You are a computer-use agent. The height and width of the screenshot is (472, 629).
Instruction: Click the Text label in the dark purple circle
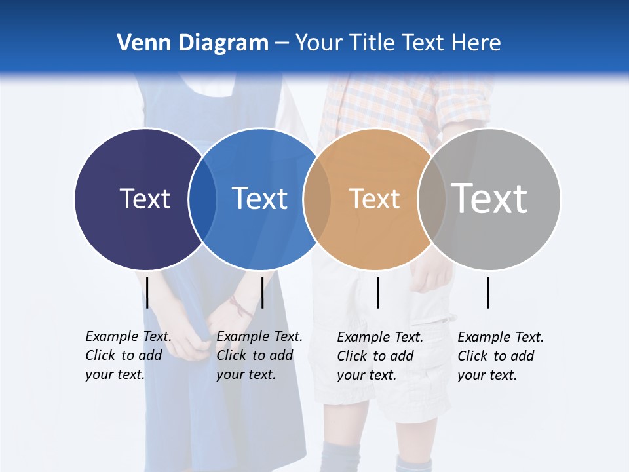tap(145, 199)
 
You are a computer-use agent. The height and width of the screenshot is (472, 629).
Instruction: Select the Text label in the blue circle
tap(259, 199)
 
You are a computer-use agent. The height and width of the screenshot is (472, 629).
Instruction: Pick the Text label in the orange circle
tap(374, 199)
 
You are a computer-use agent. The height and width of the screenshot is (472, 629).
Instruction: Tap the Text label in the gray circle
tap(489, 198)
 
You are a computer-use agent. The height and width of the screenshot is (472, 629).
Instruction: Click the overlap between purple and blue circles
tap(203, 199)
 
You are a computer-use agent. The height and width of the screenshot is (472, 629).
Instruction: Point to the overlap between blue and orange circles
tap(317, 199)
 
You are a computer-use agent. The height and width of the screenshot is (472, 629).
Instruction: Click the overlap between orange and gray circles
tap(431, 199)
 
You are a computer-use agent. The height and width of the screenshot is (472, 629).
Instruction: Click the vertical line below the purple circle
tap(147, 292)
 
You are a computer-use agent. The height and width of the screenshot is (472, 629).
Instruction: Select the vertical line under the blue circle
tap(262, 292)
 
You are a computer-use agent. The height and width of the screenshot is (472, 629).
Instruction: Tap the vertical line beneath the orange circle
tap(377, 292)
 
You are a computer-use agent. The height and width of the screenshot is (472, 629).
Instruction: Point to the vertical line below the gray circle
tap(487, 292)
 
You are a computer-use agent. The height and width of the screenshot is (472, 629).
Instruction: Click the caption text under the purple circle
tap(128, 355)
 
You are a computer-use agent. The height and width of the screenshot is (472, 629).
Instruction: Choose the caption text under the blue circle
tap(259, 355)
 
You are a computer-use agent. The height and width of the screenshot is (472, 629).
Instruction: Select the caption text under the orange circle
tap(379, 356)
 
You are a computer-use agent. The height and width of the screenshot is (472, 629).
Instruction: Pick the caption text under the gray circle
tap(500, 356)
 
